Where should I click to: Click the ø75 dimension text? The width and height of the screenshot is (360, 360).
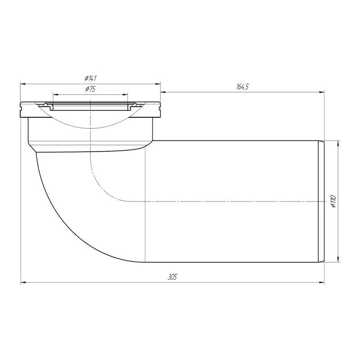[x=90, y=89]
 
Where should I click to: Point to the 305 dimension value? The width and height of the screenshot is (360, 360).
[x=172, y=277]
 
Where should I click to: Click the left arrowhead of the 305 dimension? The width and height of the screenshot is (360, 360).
[x=24, y=283]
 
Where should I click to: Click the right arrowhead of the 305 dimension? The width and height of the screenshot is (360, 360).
[x=323, y=283]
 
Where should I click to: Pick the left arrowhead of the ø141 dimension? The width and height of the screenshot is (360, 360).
[x=24, y=83]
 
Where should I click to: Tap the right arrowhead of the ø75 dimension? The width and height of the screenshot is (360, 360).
[x=125, y=94]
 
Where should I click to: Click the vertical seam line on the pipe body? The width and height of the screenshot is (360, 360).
[x=145, y=202]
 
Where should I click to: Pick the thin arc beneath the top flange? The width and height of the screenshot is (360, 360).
[x=90, y=126]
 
